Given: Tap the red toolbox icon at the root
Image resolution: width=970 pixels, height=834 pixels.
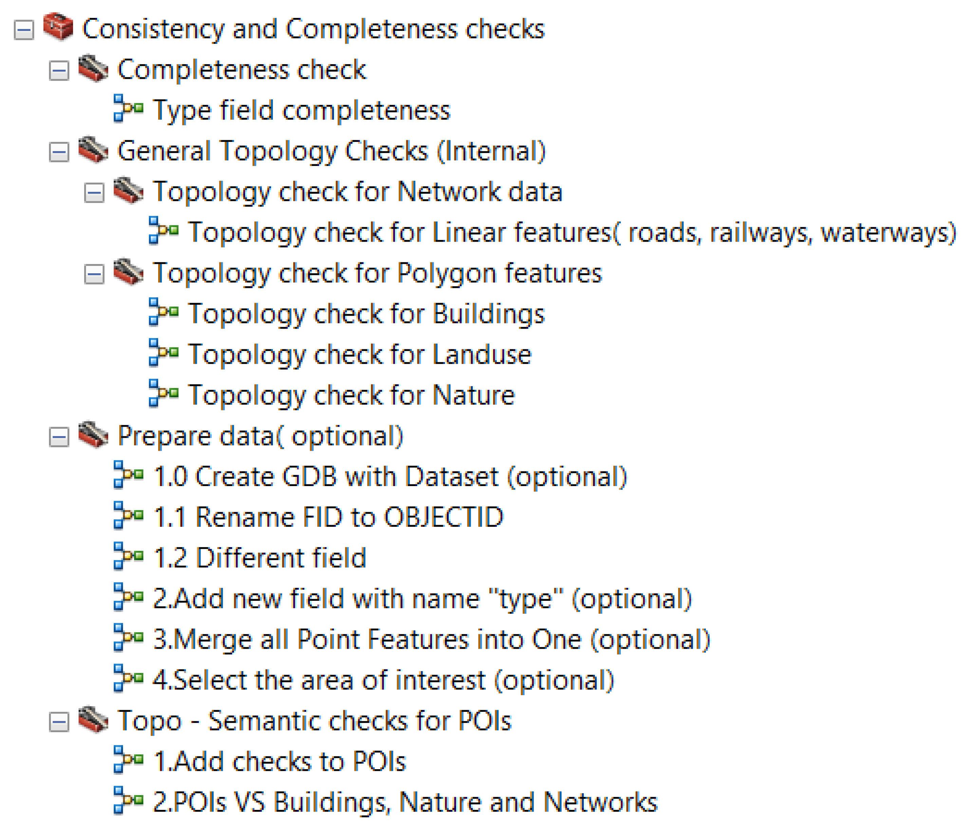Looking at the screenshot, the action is click(x=58, y=27).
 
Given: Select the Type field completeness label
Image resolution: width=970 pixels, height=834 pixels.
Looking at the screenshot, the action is click(x=301, y=111).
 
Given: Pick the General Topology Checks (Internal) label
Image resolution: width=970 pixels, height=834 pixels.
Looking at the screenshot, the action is click(x=332, y=151).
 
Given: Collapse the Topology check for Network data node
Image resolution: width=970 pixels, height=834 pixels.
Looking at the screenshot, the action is click(x=94, y=192).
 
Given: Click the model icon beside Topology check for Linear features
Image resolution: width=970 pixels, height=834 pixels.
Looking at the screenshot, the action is click(x=163, y=230).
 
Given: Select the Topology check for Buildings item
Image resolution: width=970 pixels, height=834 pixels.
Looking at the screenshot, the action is click(x=366, y=314).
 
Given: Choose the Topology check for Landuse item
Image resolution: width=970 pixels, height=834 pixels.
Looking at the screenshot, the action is click(x=359, y=354).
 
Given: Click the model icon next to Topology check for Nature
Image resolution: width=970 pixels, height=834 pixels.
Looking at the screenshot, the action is click(x=163, y=393).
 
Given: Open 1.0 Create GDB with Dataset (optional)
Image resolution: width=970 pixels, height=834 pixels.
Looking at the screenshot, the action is click(x=390, y=477).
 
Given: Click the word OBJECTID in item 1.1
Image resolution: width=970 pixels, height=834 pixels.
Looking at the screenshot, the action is click(x=443, y=517).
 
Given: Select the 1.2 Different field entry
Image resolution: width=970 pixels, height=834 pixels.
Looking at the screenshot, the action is click(x=259, y=558).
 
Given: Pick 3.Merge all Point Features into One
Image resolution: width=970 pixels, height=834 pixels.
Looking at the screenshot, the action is click(x=431, y=640).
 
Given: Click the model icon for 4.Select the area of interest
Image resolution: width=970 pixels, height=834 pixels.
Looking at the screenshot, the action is click(x=128, y=678).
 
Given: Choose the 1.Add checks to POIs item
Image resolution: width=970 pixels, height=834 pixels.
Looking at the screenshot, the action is click(x=279, y=761).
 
